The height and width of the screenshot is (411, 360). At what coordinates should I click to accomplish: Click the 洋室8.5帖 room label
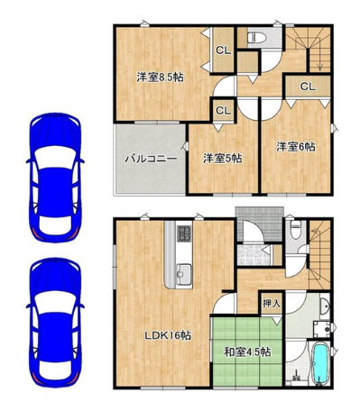(x=160, y=78)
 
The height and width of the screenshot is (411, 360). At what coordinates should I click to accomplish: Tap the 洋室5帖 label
(x=223, y=158)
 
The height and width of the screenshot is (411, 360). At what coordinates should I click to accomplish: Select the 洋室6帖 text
(x=296, y=147)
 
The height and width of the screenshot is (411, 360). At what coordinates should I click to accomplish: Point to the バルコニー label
(x=151, y=158)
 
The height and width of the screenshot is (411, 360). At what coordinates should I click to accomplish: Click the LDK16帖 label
(x=168, y=335)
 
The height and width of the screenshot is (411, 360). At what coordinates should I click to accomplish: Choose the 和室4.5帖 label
(x=247, y=352)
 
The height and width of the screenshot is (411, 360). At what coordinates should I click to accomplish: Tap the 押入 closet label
(x=272, y=304)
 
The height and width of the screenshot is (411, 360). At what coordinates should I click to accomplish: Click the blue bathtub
(x=319, y=363)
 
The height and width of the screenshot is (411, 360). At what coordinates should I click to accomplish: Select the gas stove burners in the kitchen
(x=184, y=233)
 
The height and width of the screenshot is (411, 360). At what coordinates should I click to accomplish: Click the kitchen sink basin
(x=184, y=272)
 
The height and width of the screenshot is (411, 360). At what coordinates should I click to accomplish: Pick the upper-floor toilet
(x=257, y=38)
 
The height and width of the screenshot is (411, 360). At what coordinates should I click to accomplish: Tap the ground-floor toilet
(x=296, y=230)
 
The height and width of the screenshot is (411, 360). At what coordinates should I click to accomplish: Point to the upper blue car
(x=55, y=178)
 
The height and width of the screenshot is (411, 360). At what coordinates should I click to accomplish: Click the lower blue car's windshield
(x=55, y=303)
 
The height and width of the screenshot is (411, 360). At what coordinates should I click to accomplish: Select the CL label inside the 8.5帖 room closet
(x=223, y=50)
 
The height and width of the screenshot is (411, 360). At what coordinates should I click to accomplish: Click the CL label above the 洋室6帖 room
(x=308, y=87)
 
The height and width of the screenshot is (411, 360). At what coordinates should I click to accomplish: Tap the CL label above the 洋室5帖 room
(x=223, y=111)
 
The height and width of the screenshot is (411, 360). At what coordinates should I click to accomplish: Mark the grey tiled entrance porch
(x=260, y=224)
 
